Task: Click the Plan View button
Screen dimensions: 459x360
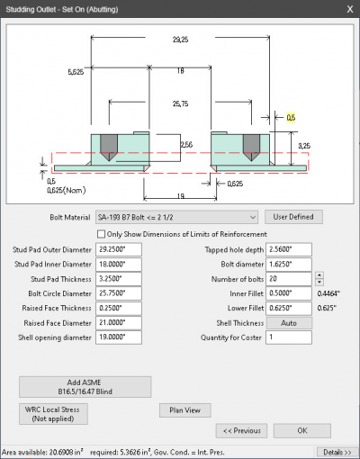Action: pyautogui.click(x=185, y=410)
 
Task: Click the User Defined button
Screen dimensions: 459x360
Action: pyautogui.click(x=293, y=217)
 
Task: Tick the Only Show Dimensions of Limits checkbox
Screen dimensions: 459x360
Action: pyautogui.click(x=112, y=233)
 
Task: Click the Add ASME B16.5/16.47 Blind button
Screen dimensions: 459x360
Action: pyautogui.click(x=85, y=387)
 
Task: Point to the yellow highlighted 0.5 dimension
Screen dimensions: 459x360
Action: pyautogui.click(x=291, y=117)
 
